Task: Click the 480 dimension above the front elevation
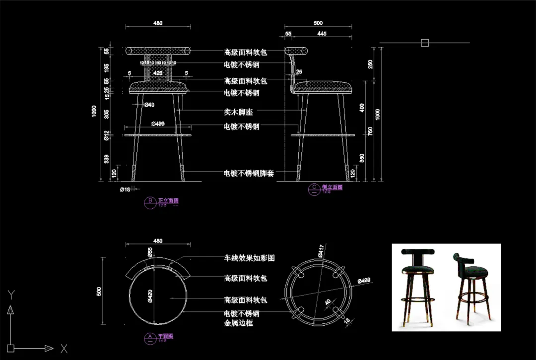158,23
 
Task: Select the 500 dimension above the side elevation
318,23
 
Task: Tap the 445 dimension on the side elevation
322,34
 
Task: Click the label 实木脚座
238,113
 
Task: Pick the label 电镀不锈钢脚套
249,174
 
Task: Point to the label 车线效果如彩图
249,258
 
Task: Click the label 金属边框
238,323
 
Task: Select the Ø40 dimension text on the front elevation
149,105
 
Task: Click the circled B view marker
150,201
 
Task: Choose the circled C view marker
314,187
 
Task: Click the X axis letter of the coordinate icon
64,349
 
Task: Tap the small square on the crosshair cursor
425,43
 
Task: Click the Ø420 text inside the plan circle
149,296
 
